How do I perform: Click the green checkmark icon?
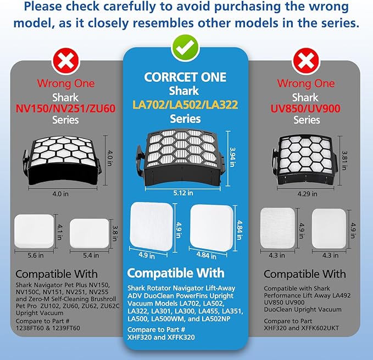tap(185, 48)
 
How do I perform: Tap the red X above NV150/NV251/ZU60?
tap(66, 61)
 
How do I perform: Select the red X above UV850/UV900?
tap(305, 61)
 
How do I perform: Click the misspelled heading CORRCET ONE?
tap(185, 77)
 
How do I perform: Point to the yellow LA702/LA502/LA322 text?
tap(185, 105)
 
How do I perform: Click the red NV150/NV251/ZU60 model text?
tap(66, 109)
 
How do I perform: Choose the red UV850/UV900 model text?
tap(305, 109)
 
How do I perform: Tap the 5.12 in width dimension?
tap(183, 193)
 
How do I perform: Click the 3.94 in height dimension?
tap(232, 157)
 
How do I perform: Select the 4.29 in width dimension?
tap(307, 194)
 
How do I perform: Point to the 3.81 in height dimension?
tap(344, 161)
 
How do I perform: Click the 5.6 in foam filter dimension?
tap(36, 255)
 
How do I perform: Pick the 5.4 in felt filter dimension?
tap(91, 255)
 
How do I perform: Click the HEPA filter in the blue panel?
tap(181, 159)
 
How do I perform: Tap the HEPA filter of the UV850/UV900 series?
tap(305, 161)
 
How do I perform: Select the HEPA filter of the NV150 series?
tap(62, 161)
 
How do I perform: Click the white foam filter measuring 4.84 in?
tap(211, 228)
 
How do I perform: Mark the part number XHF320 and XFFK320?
tap(161, 337)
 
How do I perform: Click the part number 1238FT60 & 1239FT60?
tap(48, 328)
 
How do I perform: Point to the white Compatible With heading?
tap(176, 273)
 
